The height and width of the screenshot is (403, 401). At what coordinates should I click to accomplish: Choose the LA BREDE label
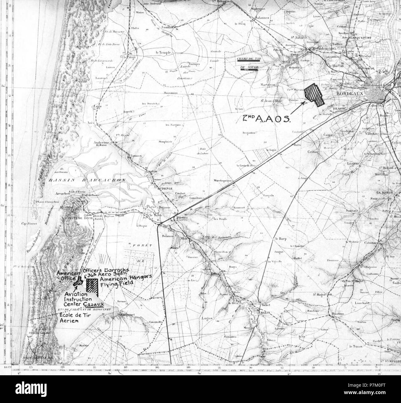click(x=384, y=192)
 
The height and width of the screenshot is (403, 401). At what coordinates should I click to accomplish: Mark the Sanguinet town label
click(x=126, y=315)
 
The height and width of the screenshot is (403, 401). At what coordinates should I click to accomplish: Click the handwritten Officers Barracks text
click(x=104, y=270)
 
